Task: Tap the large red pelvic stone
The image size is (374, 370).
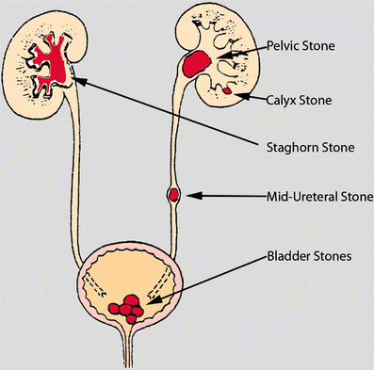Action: (198, 65)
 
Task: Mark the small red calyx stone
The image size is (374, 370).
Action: (227, 91)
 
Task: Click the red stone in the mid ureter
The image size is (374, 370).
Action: (173, 196)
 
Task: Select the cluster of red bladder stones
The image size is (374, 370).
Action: (131, 308)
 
